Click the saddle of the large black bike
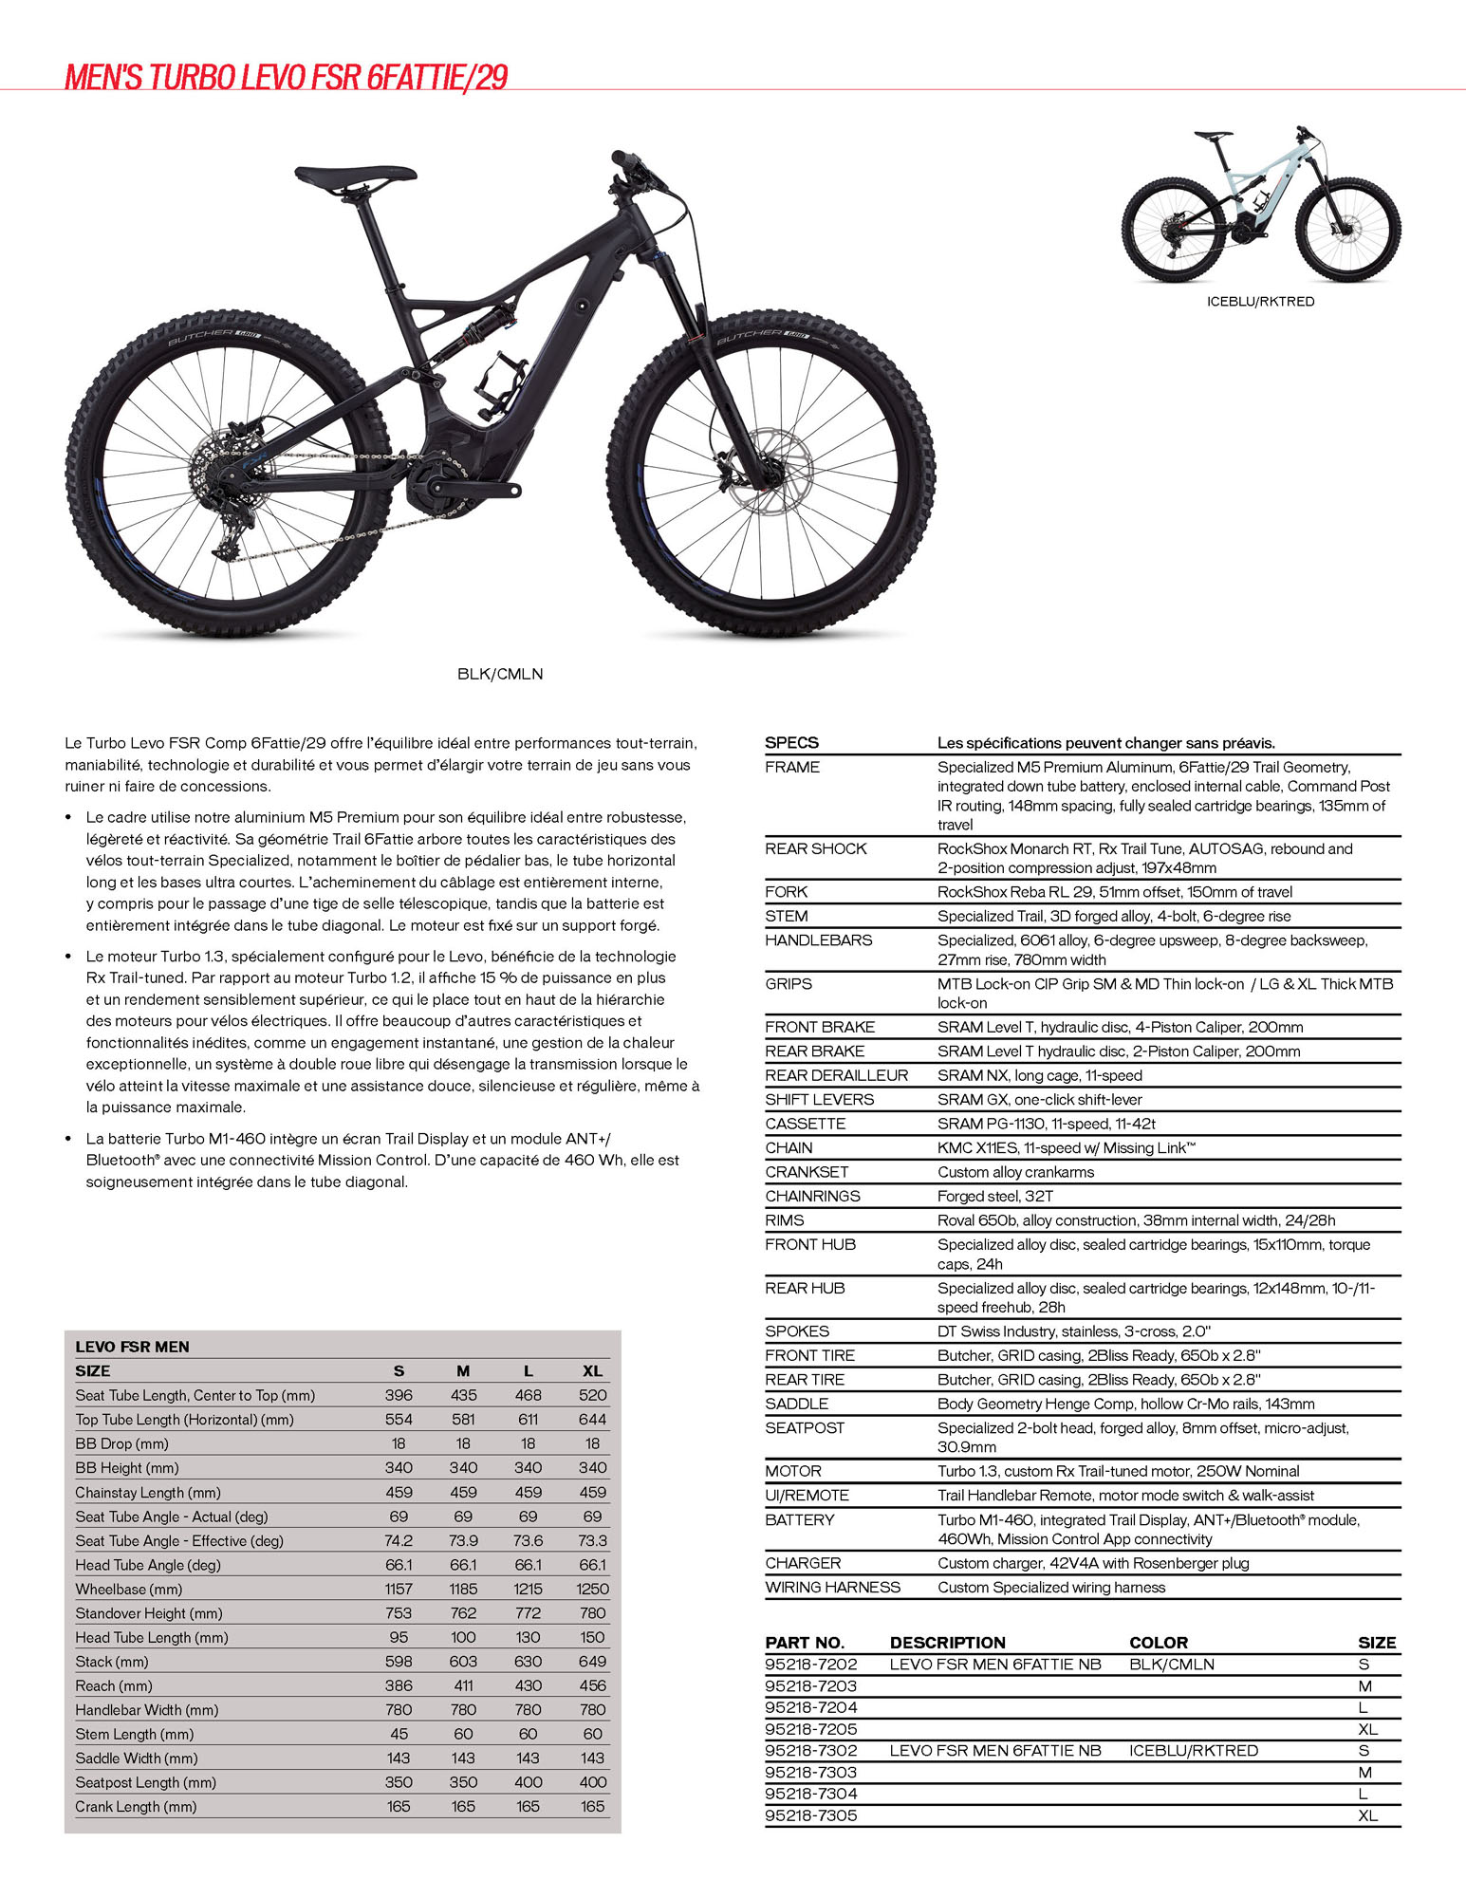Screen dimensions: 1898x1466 (x=355, y=177)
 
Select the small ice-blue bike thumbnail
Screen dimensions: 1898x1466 (x=1260, y=205)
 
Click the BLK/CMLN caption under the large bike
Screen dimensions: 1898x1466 (x=500, y=674)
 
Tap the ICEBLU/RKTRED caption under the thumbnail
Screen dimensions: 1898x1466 (x=1260, y=302)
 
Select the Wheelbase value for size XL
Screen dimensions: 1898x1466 (x=592, y=1589)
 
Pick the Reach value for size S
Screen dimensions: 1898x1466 (x=399, y=1685)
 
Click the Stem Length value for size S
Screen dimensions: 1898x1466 (x=399, y=1734)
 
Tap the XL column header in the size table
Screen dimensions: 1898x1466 (x=592, y=1370)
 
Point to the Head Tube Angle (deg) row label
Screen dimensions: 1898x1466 (x=148, y=1565)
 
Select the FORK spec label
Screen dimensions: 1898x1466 (x=787, y=892)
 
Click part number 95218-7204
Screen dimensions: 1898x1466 (x=811, y=1707)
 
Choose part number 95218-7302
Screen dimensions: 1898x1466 (x=811, y=1751)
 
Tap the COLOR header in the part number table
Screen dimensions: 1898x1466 (x=1159, y=1643)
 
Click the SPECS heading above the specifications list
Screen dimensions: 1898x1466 (x=791, y=743)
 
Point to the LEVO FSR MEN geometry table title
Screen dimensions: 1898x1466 (x=132, y=1347)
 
